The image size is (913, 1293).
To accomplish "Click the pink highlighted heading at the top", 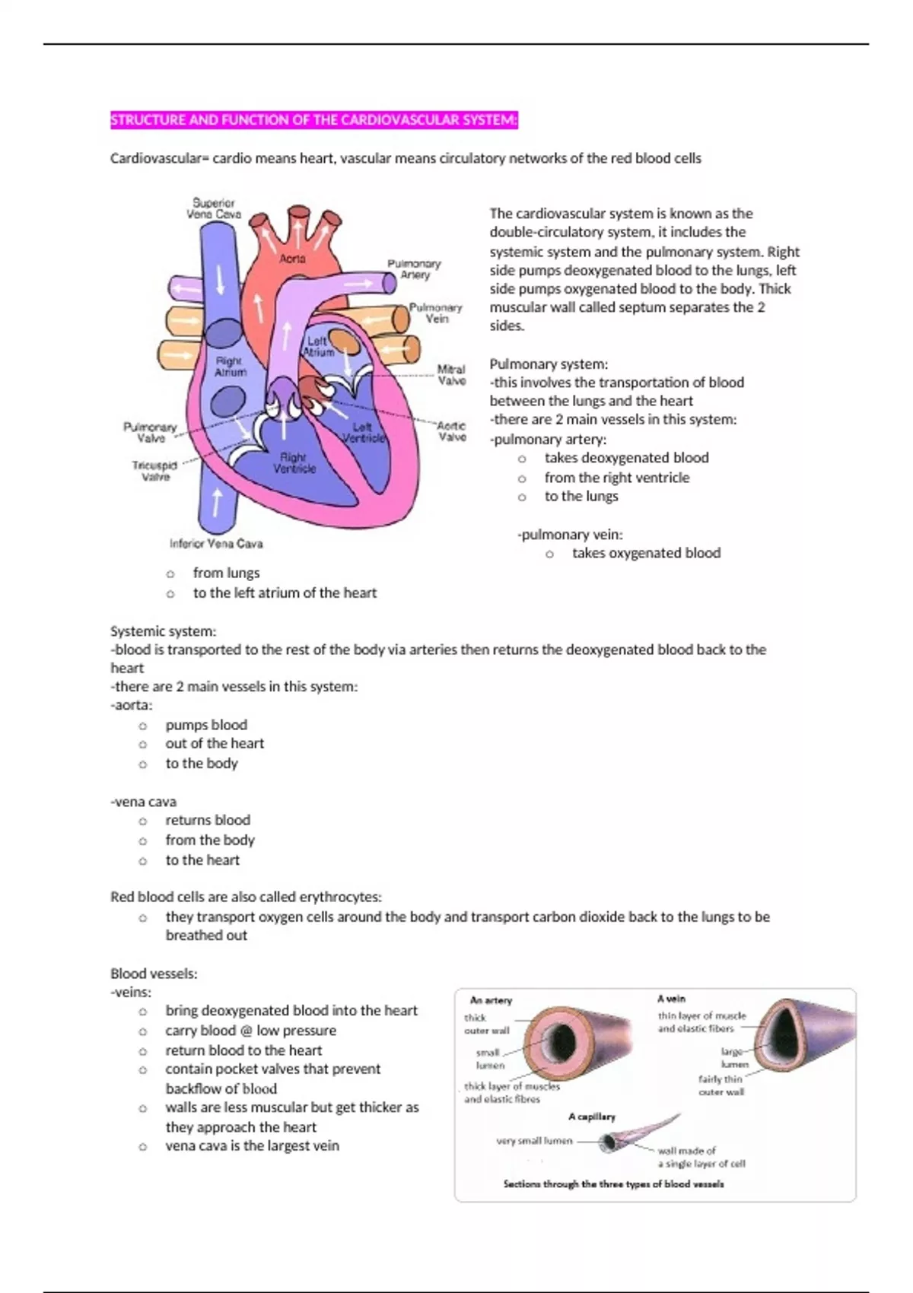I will coord(313,120).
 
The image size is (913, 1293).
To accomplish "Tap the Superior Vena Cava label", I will coord(214,208).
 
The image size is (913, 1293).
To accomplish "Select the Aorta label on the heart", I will coord(292,259).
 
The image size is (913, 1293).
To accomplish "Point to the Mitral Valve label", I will coord(451,375).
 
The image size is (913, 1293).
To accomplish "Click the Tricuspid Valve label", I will coord(154,471).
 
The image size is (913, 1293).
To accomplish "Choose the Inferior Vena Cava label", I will coord(216,544).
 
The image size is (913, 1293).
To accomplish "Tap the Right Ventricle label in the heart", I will coord(294,462).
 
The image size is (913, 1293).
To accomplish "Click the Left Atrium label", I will coord(319,347).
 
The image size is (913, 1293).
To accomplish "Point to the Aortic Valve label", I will coord(451,431).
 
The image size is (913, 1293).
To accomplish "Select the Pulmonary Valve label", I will coord(150,432).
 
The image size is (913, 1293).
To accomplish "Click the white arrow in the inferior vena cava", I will coord(217,502).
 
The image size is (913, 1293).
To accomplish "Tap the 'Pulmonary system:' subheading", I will coord(549,364).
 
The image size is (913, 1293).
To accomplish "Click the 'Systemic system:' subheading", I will coord(163,631).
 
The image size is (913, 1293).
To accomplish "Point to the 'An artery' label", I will coord(491,1000).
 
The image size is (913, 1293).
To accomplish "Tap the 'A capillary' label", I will coord(591,1117).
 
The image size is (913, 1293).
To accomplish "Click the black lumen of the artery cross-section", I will coord(561,1039).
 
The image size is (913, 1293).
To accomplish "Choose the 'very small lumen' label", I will coord(533,1141).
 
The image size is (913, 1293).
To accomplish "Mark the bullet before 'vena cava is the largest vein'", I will coord(142,1146).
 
